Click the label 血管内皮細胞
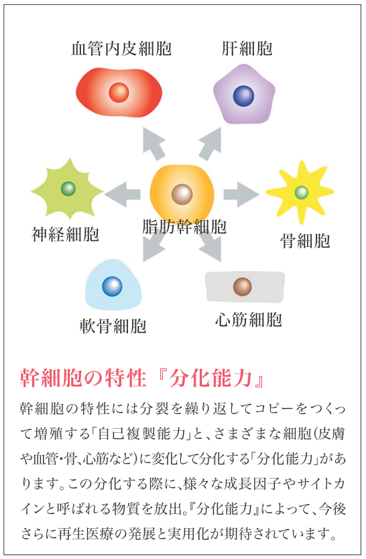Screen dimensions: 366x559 pos(121,49)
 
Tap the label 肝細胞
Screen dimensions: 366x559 pos(247,49)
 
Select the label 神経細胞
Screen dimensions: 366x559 pos(65,234)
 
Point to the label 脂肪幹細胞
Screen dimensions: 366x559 pos(184,226)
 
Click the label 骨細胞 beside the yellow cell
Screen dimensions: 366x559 pos(305,241)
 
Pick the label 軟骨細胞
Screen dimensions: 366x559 pos(113,326)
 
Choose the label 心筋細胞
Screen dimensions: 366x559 pos(249,319)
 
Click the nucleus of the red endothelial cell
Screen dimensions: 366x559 pos(119,93)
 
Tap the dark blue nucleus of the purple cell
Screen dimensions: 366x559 pos(244,96)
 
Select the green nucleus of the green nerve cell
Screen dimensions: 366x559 pos(68,189)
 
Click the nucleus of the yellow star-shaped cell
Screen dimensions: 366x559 pos(301,193)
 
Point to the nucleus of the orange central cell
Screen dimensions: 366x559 pos(182,195)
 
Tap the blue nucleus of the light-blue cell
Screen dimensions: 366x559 pos(112,287)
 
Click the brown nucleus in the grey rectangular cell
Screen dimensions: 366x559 pos(243,287)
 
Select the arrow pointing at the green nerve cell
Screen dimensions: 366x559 pos(123,195)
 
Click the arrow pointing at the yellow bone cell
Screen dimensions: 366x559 pos(241,195)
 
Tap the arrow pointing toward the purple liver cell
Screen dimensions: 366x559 pos(210,144)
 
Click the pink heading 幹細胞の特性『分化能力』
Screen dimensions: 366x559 pos(142,378)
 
